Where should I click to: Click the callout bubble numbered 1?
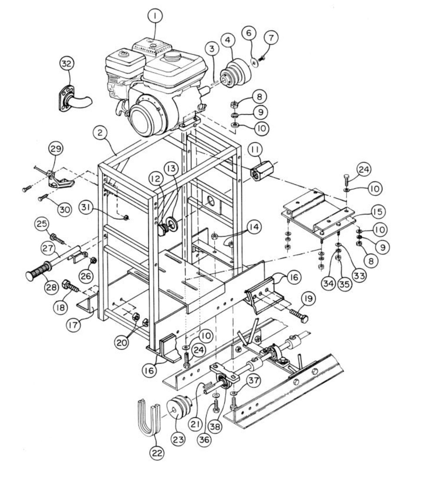pyautogui.click(x=155, y=15)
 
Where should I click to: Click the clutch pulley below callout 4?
pyautogui.click(x=235, y=72)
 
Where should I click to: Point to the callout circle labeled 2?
pyautogui.click(x=100, y=133)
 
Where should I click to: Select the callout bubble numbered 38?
pyautogui.click(x=215, y=426)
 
